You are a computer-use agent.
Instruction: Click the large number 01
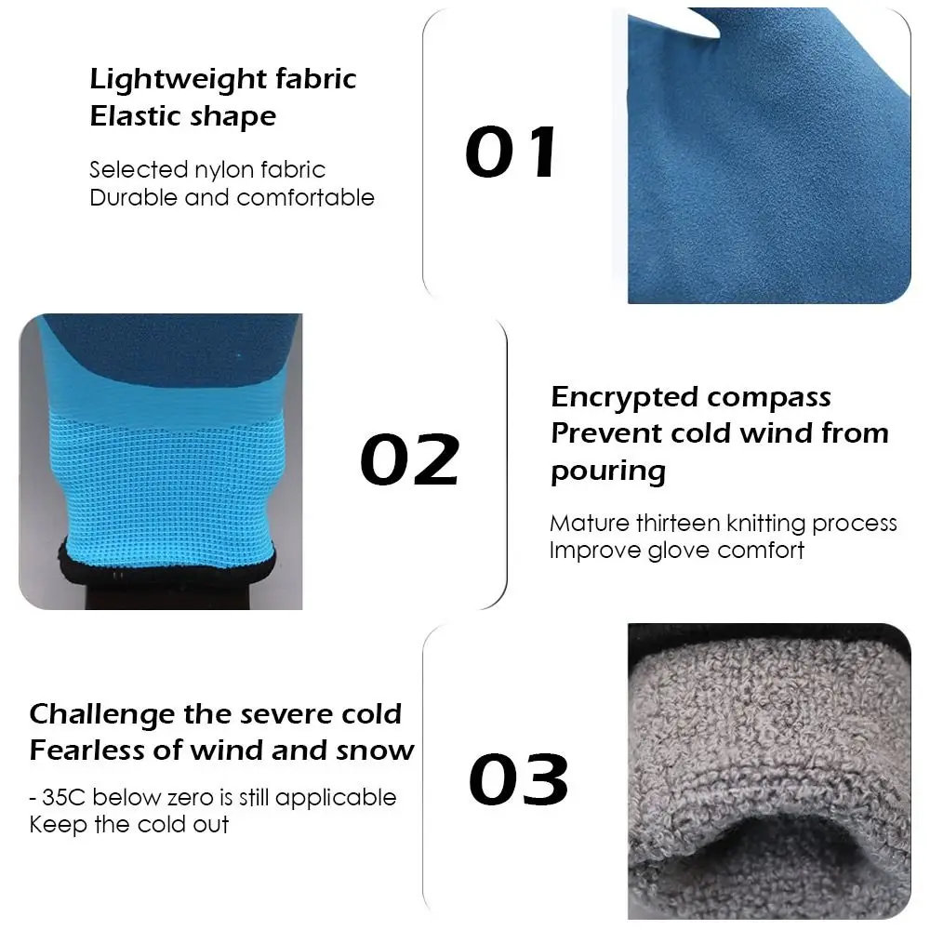[511, 152]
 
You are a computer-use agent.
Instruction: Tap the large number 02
[410, 458]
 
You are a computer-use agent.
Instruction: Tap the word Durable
[133, 197]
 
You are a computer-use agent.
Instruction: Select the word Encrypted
[625, 398]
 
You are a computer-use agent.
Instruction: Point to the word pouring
[608, 472]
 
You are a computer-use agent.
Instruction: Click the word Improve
[595, 551]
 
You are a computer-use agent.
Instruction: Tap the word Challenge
[102, 714]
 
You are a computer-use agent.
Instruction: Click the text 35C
[64, 798]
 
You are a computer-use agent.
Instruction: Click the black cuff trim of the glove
[167, 565]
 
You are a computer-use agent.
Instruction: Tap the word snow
[375, 751]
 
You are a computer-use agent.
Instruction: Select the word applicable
[336, 798]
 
